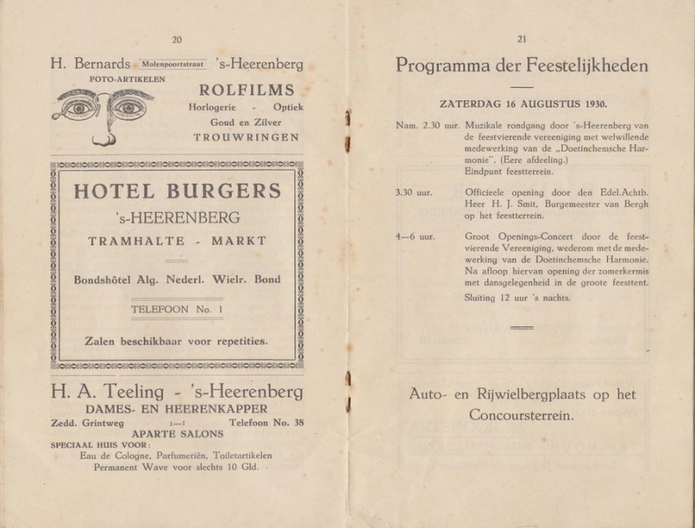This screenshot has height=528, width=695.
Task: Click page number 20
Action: point(176,39)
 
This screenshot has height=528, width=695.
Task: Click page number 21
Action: point(521,39)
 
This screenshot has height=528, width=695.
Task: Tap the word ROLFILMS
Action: point(246,90)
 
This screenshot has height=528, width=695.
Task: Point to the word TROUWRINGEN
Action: point(246,137)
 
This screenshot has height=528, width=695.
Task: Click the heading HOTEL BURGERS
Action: point(178,191)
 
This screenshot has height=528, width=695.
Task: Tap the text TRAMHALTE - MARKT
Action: point(178,240)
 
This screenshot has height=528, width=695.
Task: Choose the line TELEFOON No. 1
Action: point(177,310)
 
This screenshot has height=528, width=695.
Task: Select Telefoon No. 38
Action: point(266,422)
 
